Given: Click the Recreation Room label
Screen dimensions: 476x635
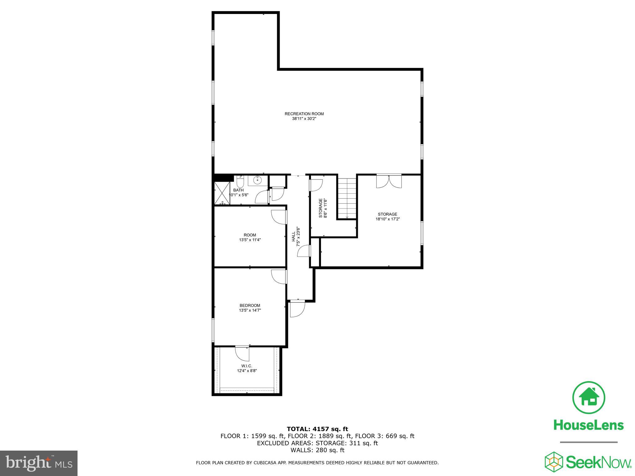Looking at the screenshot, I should pyautogui.click(x=304, y=114).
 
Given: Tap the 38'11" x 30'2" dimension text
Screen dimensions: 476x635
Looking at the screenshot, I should pyautogui.click(x=304, y=118).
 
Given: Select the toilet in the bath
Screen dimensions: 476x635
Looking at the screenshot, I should pyautogui.click(x=240, y=180).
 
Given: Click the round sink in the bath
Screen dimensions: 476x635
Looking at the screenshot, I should pyautogui.click(x=257, y=180).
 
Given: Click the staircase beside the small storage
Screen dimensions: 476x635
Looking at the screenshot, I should pyautogui.click(x=347, y=198).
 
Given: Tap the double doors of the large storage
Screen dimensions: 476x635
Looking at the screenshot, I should pyautogui.click(x=389, y=182).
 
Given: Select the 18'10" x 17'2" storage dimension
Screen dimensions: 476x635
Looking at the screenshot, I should pyautogui.click(x=387, y=219).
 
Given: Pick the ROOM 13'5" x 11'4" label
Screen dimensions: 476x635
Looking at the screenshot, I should pyautogui.click(x=250, y=237).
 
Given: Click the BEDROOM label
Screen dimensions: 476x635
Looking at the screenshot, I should pyautogui.click(x=250, y=305).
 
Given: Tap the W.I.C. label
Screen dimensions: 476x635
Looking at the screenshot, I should pyautogui.click(x=247, y=366).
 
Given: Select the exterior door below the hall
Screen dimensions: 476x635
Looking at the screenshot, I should pyautogui.click(x=297, y=309).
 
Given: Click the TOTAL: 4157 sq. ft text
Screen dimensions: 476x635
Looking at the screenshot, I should pyautogui.click(x=317, y=429).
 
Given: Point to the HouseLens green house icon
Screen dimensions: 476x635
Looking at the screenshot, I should pyautogui.click(x=588, y=398).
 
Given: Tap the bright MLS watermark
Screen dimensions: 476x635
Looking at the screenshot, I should pyautogui.click(x=39, y=463).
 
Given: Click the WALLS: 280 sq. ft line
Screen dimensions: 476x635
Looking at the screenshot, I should pyautogui.click(x=317, y=450).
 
